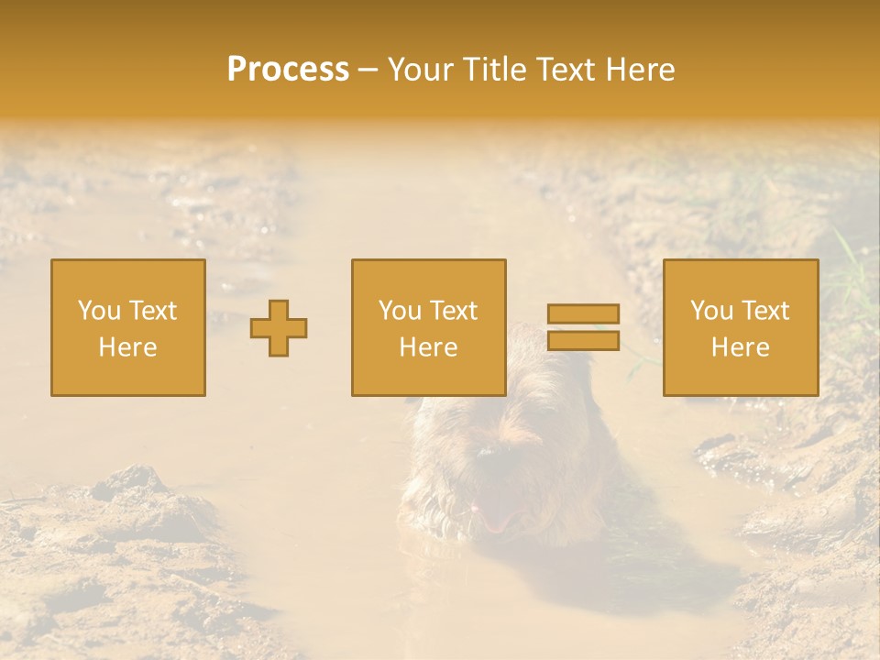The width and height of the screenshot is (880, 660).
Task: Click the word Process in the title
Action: tap(288, 70)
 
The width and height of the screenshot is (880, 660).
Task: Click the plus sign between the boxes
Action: tap(279, 328)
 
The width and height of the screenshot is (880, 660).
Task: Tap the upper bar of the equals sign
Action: tap(583, 313)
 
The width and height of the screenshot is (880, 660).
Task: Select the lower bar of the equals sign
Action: tap(583, 341)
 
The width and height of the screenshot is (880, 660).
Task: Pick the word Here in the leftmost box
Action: tap(127, 347)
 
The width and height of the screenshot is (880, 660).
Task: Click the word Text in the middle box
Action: tap(454, 311)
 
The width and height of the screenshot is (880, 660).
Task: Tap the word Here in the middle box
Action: tap(428, 347)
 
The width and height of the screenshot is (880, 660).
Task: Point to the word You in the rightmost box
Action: tap(712, 311)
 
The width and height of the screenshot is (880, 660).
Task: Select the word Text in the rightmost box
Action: tap(765, 311)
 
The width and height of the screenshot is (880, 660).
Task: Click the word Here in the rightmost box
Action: tap(740, 347)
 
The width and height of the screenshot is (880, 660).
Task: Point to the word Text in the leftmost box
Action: tap(153, 311)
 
